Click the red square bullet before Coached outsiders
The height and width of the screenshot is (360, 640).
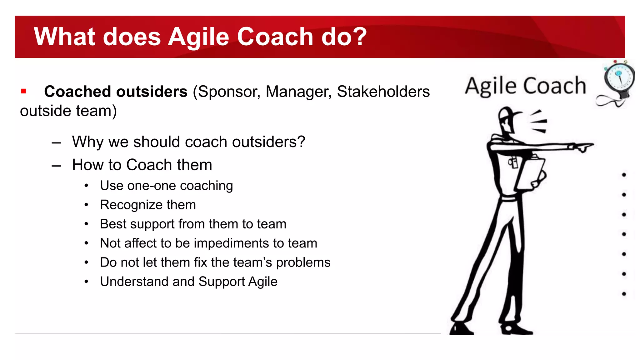[x=23, y=91]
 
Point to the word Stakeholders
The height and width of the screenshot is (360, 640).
[x=383, y=92]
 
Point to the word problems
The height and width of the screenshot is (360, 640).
[x=303, y=262]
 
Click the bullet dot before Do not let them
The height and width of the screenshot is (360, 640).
[x=87, y=262]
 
